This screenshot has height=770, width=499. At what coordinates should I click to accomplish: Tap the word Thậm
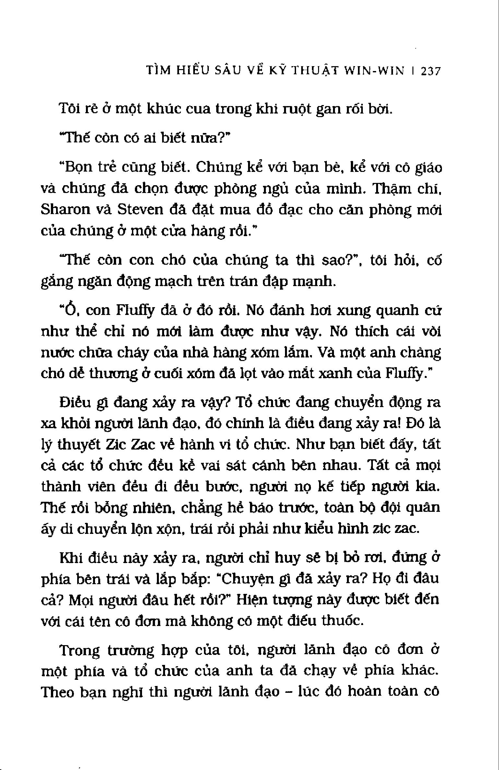(x=390, y=189)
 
